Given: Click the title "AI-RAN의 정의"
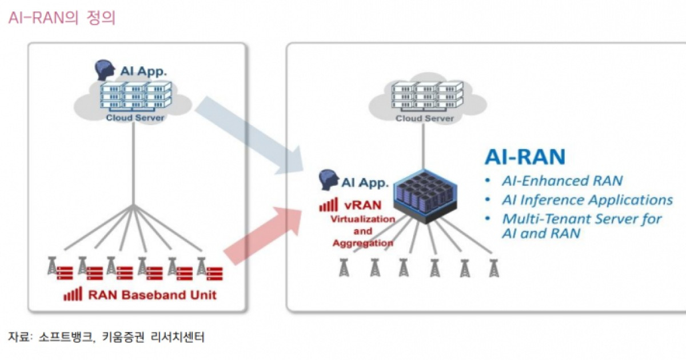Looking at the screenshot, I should pyautogui.click(x=62, y=18).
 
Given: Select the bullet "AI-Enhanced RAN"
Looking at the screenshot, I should pyautogui.click(x=562, y=181).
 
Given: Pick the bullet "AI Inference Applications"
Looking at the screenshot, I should pyautogui.click(x=587, y=200).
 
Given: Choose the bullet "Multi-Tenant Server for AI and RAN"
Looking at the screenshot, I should pyautogui.click(x=581, y=226).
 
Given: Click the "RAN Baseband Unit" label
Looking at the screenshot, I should pyautogui.click(x=152, y=295).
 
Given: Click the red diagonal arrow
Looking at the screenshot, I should pyautogui.click(x=263, y=234).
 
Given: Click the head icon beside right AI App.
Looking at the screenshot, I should pyautogui.click(x=328, y=179).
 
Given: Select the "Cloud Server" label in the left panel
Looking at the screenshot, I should pyautogui.click(x=135, y=118).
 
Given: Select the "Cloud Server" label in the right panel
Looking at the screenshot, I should pyautogui.click(x=425, y=118).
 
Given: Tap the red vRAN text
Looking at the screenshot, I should pyautogui.click(x=366, y=206).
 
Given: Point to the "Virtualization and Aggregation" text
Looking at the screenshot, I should pyautogui.click(x=364, y=231).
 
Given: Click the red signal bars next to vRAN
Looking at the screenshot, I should pyautogui.click(x=329, y=206).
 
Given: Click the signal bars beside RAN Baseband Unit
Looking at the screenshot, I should pyautogui.click(x=73, y=294).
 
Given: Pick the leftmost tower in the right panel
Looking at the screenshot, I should pyautogui.click(x=344, y=267).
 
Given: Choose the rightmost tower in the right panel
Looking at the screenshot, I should pyautogui.click(x=493, y=267).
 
